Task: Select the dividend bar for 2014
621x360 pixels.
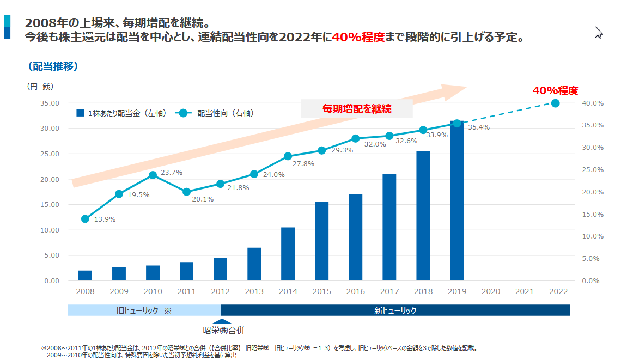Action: click(x=288, y=254)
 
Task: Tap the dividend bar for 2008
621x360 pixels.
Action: click(x=85, y=275)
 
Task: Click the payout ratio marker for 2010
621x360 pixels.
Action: click(x=153, y=175)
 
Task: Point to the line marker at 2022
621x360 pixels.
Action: click(x=555, y=103)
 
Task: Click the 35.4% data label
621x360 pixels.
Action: click(x=479, y=127)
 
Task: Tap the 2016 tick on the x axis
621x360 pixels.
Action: click(x=356, y=292)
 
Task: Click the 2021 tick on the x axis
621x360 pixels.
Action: click(x=525, y=292)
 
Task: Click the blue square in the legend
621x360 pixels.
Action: click(x=80, y=113)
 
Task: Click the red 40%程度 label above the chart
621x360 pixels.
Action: click(x=555, y=90)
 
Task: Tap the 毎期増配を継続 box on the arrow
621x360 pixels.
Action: click(x=357, y=109)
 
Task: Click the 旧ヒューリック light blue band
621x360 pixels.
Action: click(x=144, y=310)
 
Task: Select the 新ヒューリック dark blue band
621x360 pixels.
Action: click(x=395, y=310)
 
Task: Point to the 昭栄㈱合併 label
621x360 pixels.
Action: click(x=221, y=330)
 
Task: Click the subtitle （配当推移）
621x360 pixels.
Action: click(x=52, y=66)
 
